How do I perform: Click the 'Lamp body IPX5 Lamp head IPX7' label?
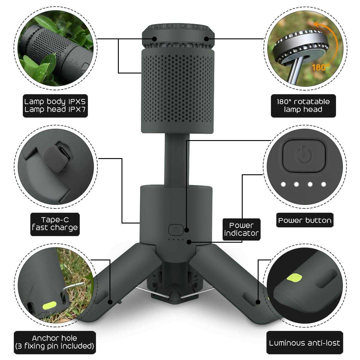coord(55,106)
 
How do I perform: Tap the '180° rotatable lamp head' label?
coord(303,106)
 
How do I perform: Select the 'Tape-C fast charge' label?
coord(55,224)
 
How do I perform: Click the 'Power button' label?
coord(305,220)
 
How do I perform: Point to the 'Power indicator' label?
coord(241,229)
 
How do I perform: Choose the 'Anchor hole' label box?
coord(55,342)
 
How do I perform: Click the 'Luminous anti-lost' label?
coord(304,343)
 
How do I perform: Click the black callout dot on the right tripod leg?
coord(258,302)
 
